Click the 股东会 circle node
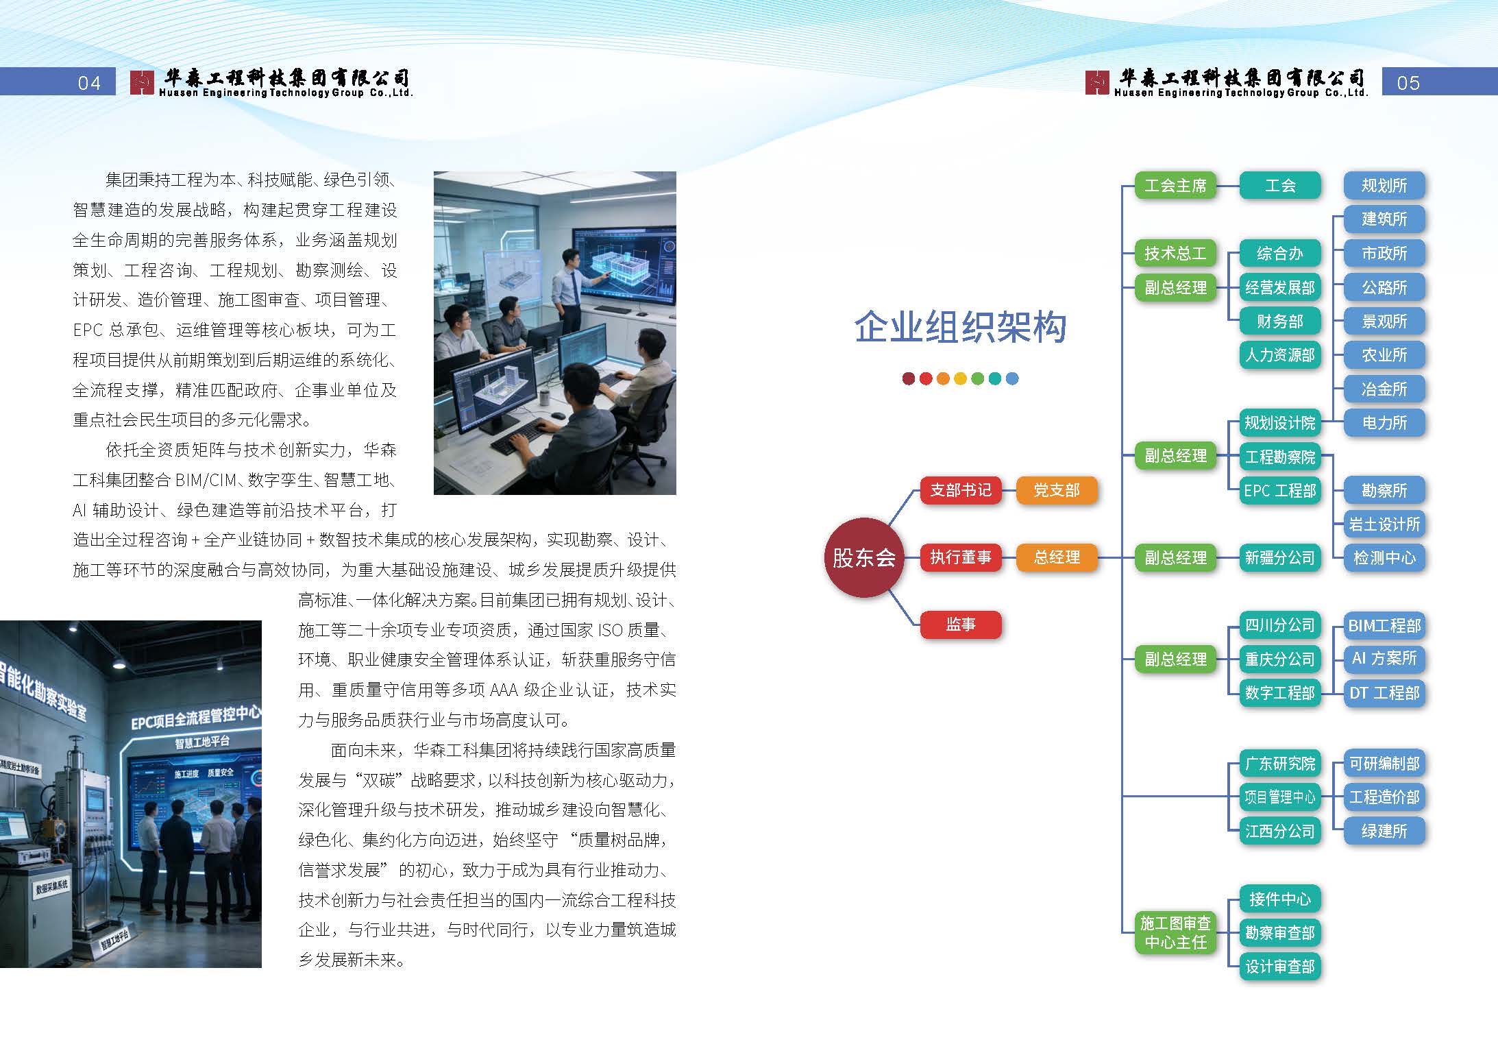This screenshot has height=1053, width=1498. point(863,557)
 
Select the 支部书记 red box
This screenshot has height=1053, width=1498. point(960,490)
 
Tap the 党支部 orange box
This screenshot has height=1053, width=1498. point(1056,490)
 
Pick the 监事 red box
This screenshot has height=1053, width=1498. point(960,625)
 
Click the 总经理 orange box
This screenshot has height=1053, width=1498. point(1056,557)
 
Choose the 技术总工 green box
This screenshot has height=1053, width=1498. point(1175,253)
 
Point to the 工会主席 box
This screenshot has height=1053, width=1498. point(1175,186)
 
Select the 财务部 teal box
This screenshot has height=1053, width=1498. point(1279,321)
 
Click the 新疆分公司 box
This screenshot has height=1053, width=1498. point(1279,557)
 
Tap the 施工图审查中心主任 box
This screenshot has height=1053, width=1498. point(1175,932)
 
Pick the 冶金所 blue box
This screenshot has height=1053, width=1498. point(1384,389)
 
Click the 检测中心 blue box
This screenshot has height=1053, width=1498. point(1384,557)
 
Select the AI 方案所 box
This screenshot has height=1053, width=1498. point(1384,659)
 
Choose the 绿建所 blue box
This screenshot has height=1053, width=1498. point(1384,831)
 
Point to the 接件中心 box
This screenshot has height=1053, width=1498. point(1279,899)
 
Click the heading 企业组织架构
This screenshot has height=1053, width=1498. point(960,326)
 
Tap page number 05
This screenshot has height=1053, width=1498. point(1408,83)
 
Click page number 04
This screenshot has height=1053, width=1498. point(89,83)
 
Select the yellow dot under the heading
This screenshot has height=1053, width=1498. point(960,378)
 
